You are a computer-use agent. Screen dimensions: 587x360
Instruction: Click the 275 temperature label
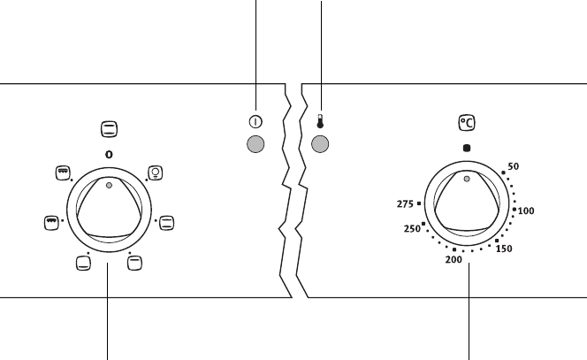coord(405,204)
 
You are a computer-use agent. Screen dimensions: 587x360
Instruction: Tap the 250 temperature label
coord(412,229)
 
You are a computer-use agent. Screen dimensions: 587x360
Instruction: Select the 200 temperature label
coord(454,259)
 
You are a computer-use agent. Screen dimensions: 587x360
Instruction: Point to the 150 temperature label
coord(504,249)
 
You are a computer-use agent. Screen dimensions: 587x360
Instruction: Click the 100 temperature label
coord(526,211)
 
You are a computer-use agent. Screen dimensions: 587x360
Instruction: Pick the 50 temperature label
coord(514,166)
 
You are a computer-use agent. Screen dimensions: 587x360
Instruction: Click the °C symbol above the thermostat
coord(467,123)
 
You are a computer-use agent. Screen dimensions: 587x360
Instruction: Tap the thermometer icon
coord(320,121)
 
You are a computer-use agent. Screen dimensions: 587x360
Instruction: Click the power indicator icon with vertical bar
coord(255,122)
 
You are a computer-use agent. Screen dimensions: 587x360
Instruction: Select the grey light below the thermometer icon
coord(320,144)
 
